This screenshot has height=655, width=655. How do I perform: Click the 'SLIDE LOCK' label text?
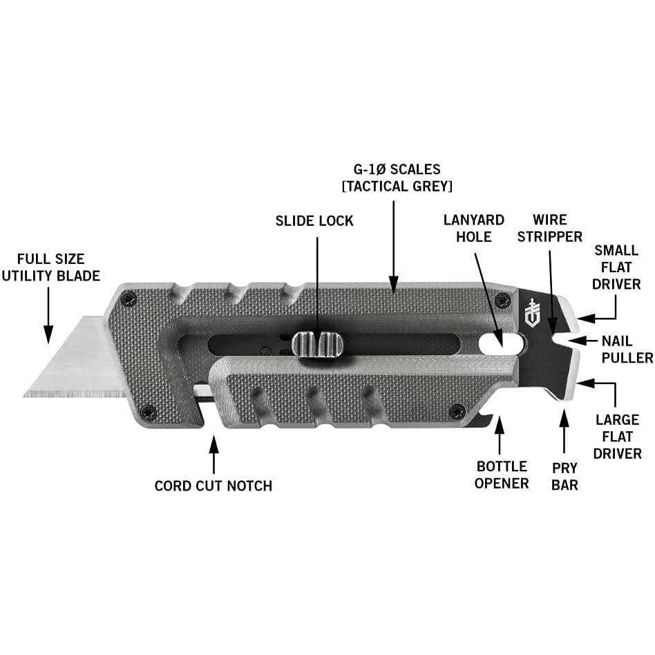pyautogui.click(x=314, y=221)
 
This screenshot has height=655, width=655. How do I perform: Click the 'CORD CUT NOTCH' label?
pyautogui.click(x=213, y=486)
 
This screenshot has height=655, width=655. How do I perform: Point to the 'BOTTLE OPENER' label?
pyautogui.click(x=502, y=475)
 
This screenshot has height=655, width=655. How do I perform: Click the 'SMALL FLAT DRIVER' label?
pyautogui.click(x=617, y=267)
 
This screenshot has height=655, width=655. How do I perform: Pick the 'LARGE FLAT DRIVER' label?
pyautogui.click(x=617, y=436)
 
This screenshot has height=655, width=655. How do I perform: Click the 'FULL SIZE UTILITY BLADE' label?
pyautogui.click(x=51, y=267)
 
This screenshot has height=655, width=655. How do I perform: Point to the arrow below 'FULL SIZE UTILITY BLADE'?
pyautogui.click(x=48, y=314)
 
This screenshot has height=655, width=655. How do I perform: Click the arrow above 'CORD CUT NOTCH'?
pyautogui.click(x=213, y=453)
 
